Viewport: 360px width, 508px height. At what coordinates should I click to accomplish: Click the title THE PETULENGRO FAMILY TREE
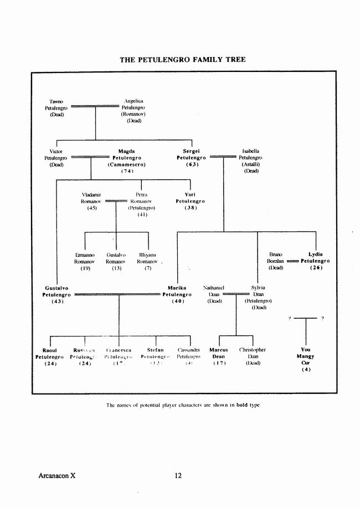(x=183, y=59)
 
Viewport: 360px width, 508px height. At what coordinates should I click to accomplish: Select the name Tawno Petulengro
(x=56, y=105)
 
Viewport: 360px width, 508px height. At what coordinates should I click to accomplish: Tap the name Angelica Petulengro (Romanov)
(x=134, y=106)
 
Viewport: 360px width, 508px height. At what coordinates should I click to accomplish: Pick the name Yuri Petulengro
(x=191, y=198)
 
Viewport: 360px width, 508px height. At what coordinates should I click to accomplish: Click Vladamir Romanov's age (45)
(x=92, y=208)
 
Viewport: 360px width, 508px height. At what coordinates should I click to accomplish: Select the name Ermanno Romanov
(x=85, y=258)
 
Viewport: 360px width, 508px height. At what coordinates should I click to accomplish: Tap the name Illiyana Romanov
(x=148, y=258)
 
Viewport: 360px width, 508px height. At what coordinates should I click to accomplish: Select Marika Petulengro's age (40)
(x=177, y=302)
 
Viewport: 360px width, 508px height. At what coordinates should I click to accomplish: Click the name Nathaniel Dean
(x=214, y=292)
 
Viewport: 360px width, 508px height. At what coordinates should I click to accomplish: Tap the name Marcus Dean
(x=219, y=353)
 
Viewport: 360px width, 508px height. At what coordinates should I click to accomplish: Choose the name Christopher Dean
(x=253, y=353)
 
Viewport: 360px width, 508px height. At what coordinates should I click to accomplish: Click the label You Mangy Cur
(x=306, y=356)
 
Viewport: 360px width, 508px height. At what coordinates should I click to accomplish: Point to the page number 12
(x=178, y=475)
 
